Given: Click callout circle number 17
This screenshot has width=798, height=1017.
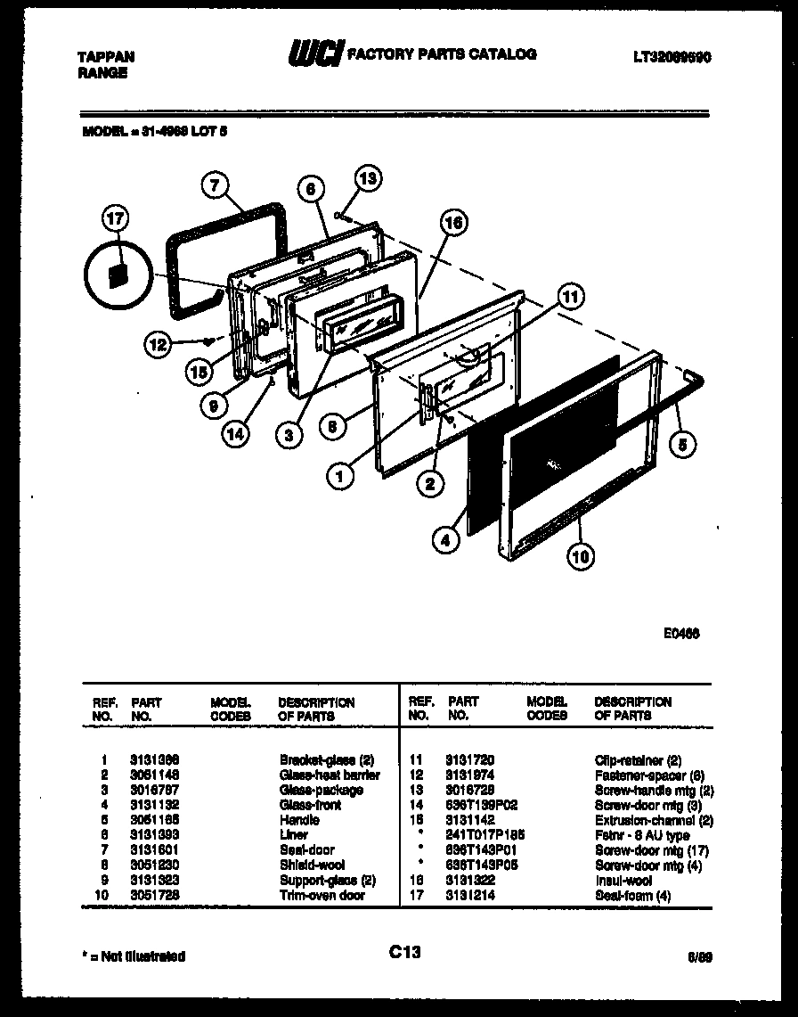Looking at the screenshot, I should pos(116,218).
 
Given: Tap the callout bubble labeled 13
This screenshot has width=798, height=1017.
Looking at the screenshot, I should pos(368,178).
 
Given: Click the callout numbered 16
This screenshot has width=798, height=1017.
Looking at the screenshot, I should pos(453,223).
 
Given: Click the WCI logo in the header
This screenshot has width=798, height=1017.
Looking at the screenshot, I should pos(313,55).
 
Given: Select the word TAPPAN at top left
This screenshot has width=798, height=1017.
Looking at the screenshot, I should pos(107,56).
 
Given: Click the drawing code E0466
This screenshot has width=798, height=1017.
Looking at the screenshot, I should pos(680,636).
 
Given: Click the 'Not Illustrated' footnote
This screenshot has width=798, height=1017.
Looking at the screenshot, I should pos(134,956).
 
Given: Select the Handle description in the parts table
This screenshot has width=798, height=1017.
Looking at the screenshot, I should pos(299,820).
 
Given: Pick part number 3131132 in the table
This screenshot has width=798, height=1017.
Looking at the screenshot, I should pos(155,805).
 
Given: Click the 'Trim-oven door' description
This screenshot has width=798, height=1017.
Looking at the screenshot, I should pos(322,895).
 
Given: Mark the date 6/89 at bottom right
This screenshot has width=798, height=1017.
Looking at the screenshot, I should pos(701,956).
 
